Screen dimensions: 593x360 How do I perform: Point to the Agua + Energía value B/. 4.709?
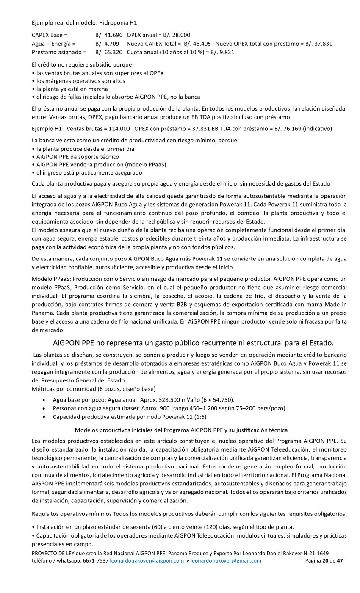pos(107,44)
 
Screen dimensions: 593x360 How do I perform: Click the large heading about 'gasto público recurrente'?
pos(194,342)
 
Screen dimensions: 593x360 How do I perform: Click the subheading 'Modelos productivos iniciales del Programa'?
pos(181,430)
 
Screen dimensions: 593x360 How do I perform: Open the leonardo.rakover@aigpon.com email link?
pos(147,560)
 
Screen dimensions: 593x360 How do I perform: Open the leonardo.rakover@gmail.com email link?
pos(226,560)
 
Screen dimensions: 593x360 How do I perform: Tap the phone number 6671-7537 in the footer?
pos(95,560)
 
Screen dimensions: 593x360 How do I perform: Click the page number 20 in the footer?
pos(325,560)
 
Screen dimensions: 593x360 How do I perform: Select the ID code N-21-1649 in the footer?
pos(314,554)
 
